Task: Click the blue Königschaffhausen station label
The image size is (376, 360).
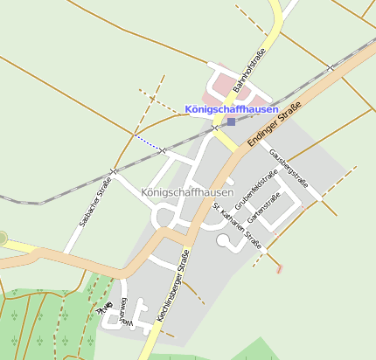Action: [x=232, y=109]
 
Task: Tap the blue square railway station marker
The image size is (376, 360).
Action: [x=231, y=122]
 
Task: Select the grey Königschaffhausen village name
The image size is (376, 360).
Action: [x=187, y=192]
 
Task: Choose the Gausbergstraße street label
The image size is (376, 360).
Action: [x=289, y=168]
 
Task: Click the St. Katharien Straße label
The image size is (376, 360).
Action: [x=237, y=226]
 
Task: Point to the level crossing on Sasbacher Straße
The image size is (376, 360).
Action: [x=113, y=171]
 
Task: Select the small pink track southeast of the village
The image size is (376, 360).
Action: [x=280, y=268]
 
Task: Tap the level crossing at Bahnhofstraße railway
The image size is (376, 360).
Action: [x=215, y=128]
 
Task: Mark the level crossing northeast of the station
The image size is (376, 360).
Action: [x=331, y=67]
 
